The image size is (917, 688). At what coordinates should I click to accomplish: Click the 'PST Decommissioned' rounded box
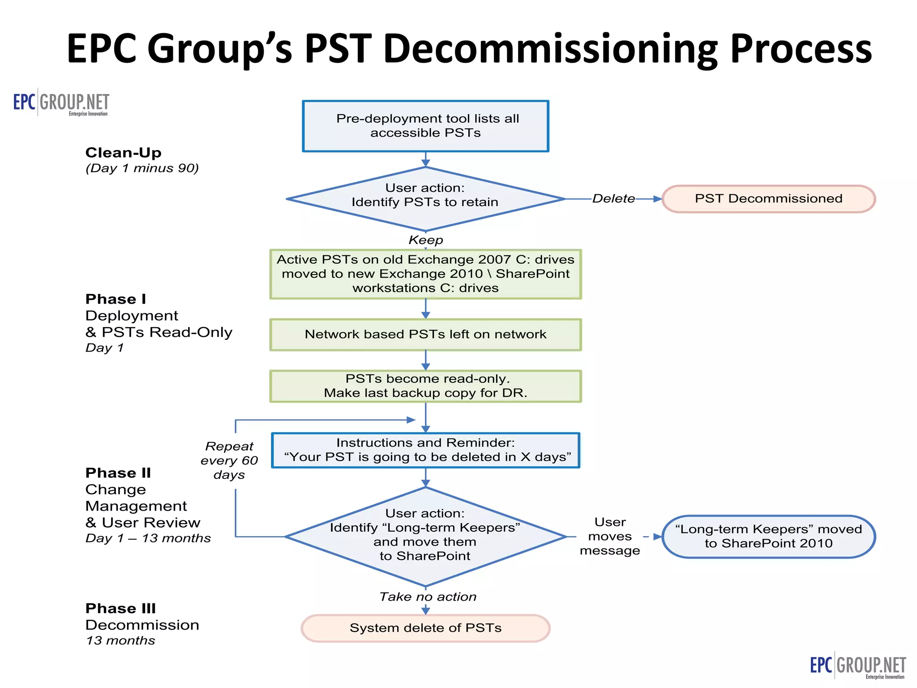pos(768,199)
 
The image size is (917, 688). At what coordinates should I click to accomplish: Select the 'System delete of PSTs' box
pos(425,628)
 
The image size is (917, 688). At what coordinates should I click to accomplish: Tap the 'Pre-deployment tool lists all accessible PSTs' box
pos(425,126)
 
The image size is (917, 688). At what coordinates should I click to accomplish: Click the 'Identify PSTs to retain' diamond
pos(425,199)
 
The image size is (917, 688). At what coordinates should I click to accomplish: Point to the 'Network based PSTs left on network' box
pos(425,335)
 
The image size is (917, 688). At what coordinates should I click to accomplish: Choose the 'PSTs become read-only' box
pos(425,386)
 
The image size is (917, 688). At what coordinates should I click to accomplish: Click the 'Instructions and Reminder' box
pos(425,450)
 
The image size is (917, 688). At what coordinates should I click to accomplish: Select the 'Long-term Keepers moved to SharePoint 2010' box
pos(768,536)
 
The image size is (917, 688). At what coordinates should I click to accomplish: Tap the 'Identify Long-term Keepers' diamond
pos(425,536)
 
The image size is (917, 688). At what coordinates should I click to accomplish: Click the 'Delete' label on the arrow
pos(613,199)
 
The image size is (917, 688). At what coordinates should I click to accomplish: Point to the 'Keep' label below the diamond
pos(425,240)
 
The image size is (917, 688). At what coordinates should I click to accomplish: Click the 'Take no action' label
pos(428,597)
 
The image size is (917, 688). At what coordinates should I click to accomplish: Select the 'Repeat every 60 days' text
pos(229,460)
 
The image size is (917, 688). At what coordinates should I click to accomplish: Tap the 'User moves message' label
pos(610,536)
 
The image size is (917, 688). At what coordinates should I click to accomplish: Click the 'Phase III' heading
pos(120,608)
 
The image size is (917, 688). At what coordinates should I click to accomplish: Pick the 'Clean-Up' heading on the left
pos(123,153)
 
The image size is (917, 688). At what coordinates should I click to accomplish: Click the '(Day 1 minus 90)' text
pos(142,168)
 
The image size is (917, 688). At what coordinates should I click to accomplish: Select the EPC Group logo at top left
pos(61,103)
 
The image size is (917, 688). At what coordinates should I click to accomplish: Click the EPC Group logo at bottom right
pos(858,665)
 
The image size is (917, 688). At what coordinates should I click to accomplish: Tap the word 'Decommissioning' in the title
pos(551,48)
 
